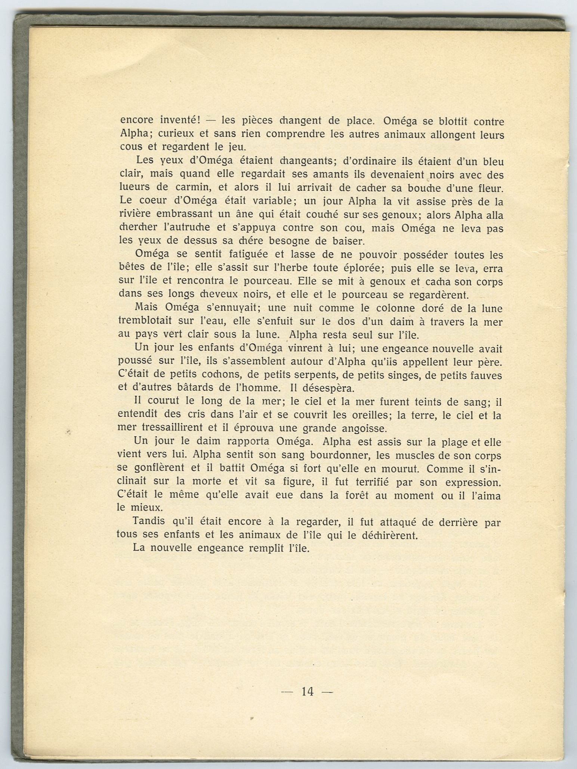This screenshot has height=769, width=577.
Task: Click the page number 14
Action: click(x=307, y=692)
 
